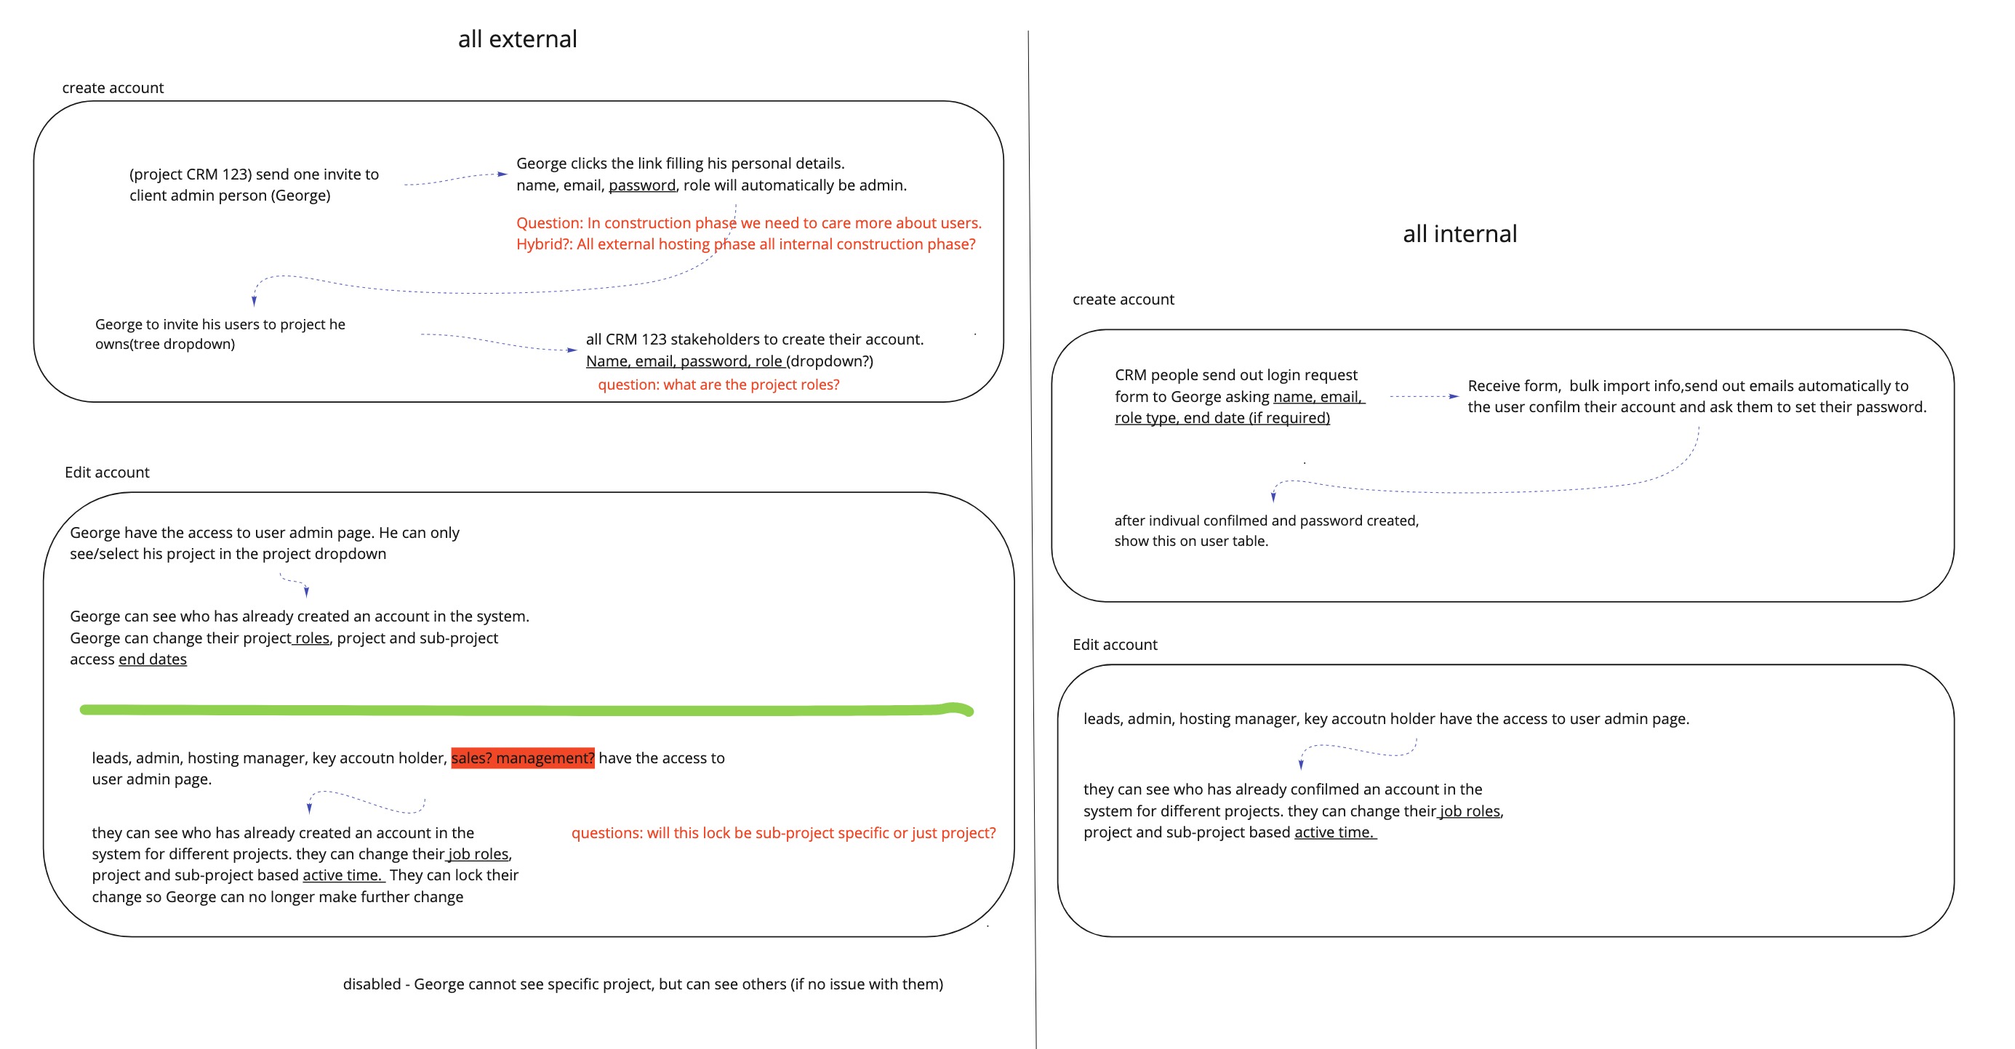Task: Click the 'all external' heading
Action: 517,39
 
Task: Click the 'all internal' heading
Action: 1459,234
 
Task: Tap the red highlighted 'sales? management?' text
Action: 523,758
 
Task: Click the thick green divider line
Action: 524,710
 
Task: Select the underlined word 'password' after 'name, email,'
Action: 641,185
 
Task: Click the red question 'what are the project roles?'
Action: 718,385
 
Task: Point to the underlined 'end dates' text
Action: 153,659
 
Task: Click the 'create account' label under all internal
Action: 1123,300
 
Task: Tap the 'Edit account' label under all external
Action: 106,473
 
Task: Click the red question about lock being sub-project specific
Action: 783,833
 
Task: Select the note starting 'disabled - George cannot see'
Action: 642,984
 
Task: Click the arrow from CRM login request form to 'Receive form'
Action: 1423,397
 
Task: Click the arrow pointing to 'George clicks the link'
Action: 455,179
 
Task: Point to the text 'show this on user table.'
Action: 1190,542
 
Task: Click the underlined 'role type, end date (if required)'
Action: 1222,419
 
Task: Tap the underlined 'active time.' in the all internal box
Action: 1334,832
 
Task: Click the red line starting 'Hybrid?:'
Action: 745,245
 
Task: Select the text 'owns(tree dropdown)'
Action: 164,344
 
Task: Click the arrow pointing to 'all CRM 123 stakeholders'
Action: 498,342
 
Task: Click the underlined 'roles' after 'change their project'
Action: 312,638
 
